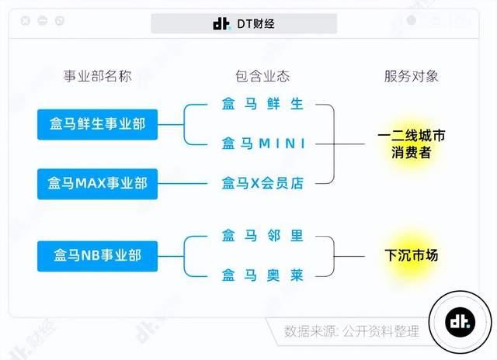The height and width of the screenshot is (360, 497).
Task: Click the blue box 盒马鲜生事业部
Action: coord(97,124)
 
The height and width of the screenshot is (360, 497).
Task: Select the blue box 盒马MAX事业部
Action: coord(97,184)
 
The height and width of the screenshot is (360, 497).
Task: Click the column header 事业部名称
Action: coord(97,76)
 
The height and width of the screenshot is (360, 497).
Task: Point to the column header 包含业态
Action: coord(262,76)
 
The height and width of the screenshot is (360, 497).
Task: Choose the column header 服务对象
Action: coord(411,76)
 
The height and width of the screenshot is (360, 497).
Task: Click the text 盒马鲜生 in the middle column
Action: coord(262,105)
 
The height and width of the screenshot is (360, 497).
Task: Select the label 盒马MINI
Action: coord(262,144)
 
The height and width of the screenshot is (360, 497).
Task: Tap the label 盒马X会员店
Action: coord(262,184)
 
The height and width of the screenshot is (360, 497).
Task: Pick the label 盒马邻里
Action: coord(262,236)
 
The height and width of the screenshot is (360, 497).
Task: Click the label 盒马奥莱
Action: coord(262,275)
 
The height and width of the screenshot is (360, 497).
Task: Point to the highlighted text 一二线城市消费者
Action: coord(411,144)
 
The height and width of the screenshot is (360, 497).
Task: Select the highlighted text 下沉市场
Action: coord(412,255)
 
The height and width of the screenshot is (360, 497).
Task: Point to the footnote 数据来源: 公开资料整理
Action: coord(351,331)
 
